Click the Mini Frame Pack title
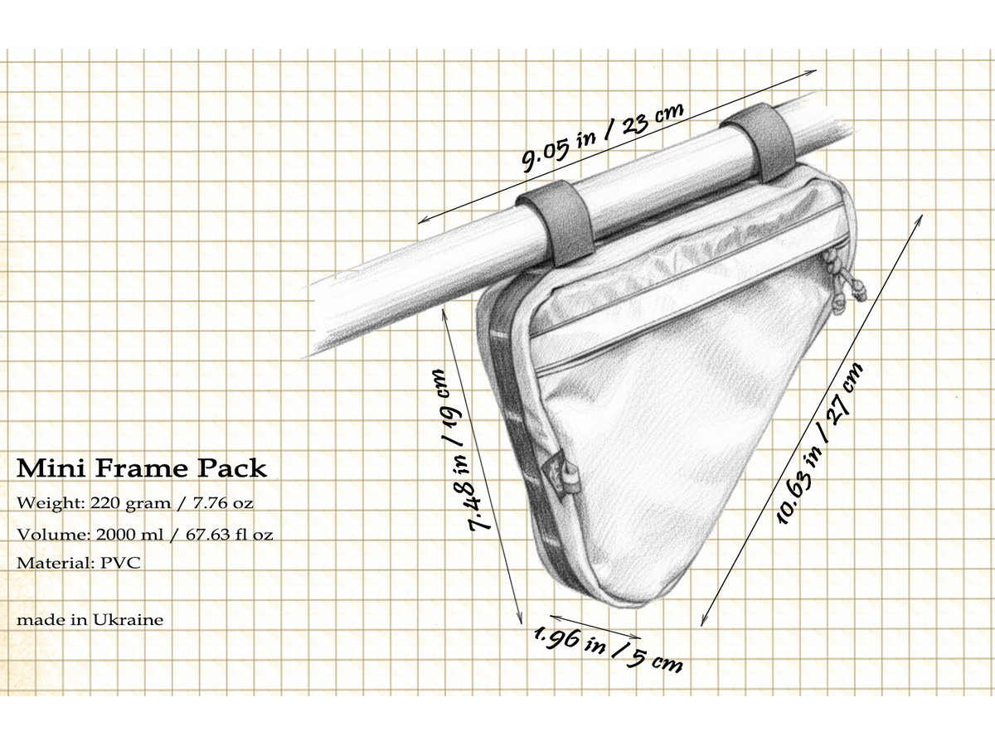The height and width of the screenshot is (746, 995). tap(142, 468)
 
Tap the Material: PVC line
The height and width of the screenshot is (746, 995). tap(77, 563)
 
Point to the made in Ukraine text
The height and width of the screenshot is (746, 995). tap(90, 619)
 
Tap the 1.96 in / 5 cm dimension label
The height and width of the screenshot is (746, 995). tap(608, 647)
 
